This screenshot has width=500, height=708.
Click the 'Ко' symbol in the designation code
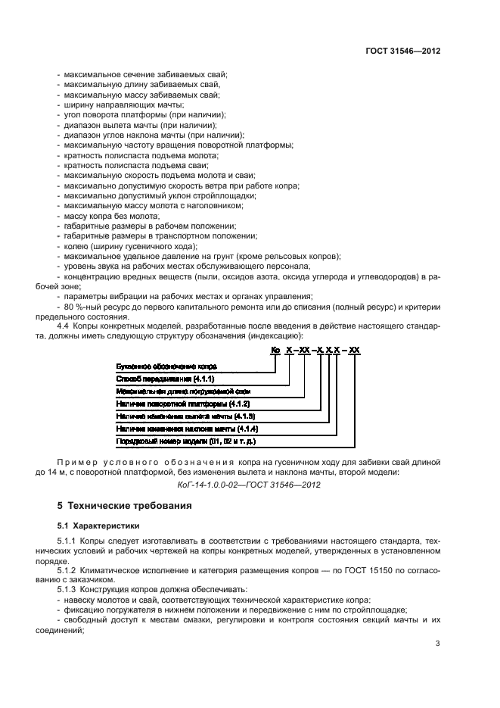[x=275, y=349]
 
